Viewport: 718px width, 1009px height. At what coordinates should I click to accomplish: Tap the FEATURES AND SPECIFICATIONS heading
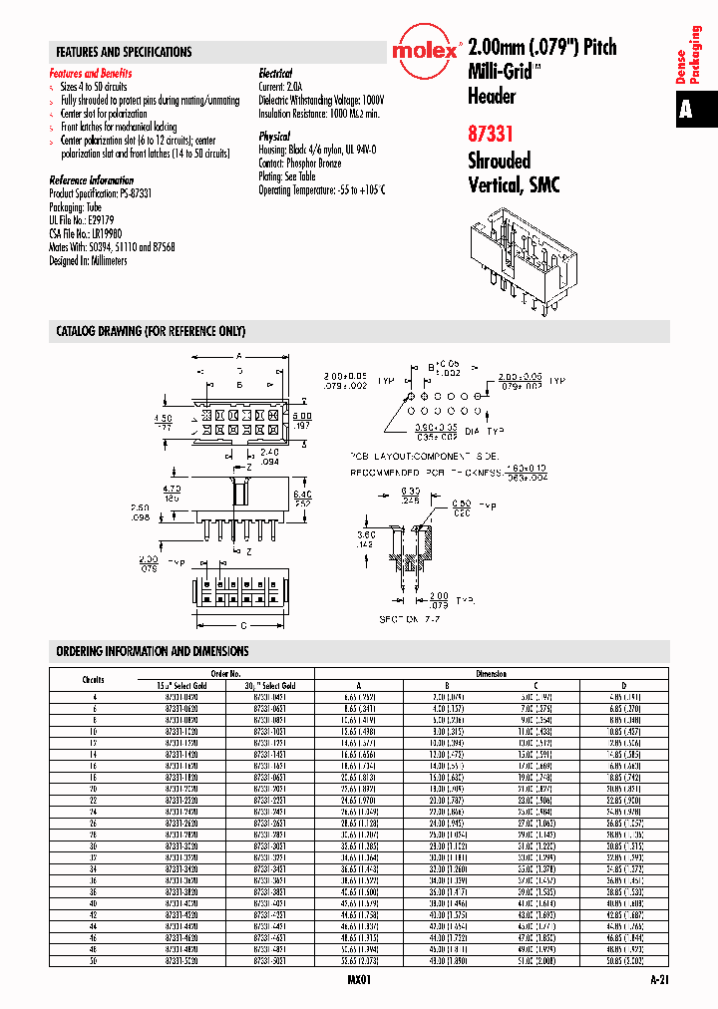click(x=125, y=52)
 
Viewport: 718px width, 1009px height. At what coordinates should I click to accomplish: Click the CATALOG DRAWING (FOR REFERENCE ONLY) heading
click(x=151, y=331)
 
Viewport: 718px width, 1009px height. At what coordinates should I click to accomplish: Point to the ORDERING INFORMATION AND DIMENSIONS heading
click(x=153, y=651)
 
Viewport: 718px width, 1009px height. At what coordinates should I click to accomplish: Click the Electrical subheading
click(x=275, y=74)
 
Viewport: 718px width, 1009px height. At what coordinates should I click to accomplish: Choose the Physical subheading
click(x=274, y=137)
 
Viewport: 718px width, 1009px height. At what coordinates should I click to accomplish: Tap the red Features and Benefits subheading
click(x=91, y=74)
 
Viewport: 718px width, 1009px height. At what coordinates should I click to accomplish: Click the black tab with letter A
click(x=686, y=110)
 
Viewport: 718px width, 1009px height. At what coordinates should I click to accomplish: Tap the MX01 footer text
click(x=358, y=981)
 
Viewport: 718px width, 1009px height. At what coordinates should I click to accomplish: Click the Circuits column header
click(x=93, y=680)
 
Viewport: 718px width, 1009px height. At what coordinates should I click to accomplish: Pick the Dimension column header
click(x=491, y=674)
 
